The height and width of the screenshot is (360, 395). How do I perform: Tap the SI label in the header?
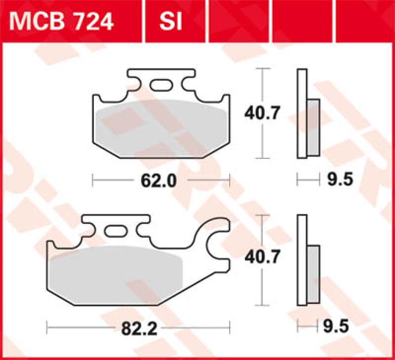[x=171, y=21]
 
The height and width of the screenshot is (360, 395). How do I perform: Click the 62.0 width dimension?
[x=158, y=181]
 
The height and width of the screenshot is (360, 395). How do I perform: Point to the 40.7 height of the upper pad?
[x=262, y=114]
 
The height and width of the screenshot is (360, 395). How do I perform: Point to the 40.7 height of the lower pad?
[x=262, y=257]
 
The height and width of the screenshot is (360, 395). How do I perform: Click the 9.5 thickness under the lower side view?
[x=340, y=326]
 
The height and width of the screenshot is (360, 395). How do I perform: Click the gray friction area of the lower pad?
[x=118, y=274]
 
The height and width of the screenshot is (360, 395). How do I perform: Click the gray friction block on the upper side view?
[x=313, y=126]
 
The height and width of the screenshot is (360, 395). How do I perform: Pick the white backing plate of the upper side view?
[x=302, y=113]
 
